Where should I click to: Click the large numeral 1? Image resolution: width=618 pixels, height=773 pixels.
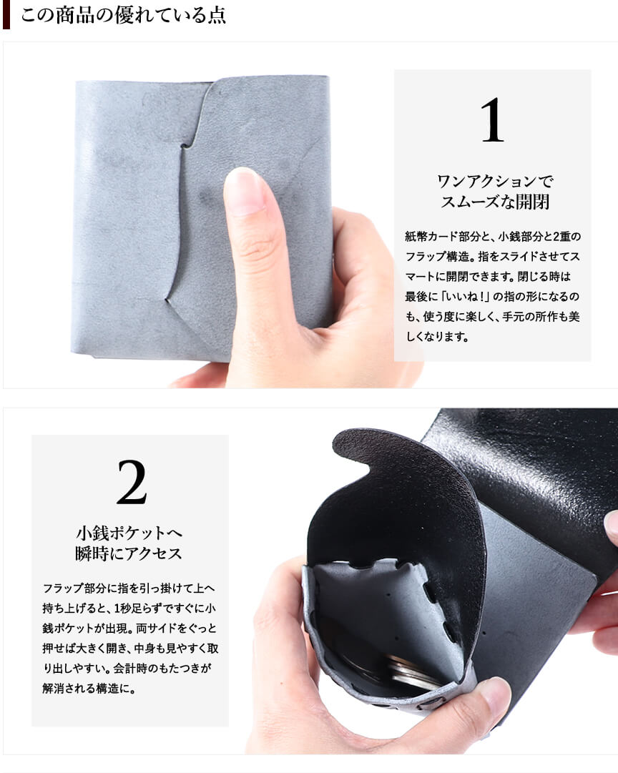pyautogui.click(x=492, y=120)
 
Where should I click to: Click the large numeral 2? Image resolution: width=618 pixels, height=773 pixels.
pyautogui.click(x=132, y=482)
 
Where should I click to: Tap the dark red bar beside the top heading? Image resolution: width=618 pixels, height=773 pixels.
pyautogui.click(x=6, y=14)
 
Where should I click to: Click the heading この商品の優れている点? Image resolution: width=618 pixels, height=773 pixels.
pyautogui.click(x=123, y=15)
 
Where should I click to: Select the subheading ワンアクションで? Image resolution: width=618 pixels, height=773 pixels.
pyautogui.click(x=495, y=181)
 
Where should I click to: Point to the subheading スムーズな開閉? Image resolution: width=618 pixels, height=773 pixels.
pyautogui.click(x=495, y=202)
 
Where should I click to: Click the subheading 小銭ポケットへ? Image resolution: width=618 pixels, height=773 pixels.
pyautogui.click(x=129, y=533)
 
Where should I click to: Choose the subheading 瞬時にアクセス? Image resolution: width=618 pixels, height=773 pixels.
pyautogui.click(x=129, y=553)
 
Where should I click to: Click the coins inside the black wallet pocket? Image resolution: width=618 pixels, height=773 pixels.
pyautogui.click(x=412, y=672)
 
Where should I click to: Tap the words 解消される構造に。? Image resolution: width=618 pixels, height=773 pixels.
pyautogui.click(x=89, y=688)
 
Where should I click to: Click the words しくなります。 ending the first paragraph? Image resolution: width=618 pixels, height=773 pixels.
pyautogui.click(x=437, y=337)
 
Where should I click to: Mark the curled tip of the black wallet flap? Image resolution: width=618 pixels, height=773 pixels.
pyautogui.click(x=350, y=446)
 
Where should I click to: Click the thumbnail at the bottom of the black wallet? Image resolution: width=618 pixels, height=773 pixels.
pyautogui.click(x=495, y=694)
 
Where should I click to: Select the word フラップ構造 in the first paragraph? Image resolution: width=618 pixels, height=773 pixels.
pyautogui.click(x=436, y=256)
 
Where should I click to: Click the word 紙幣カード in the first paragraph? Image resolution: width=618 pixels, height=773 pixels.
pyautogui.click(x=431, y=236)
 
